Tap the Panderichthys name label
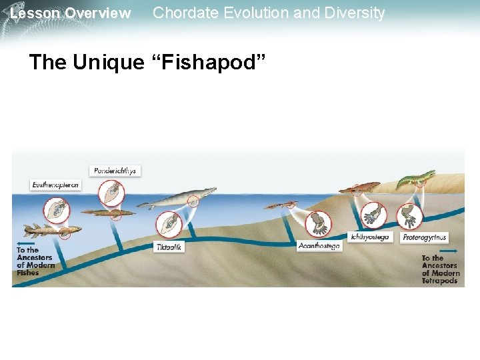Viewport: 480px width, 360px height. coord(115,171)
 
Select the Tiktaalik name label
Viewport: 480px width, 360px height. coord(169,247)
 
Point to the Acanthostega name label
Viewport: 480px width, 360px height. coord(319,246)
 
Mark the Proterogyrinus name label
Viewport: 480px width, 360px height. coord(424,237)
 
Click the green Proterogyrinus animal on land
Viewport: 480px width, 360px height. coord(416,179)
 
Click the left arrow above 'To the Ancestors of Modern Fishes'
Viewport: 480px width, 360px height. coord(27,243)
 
